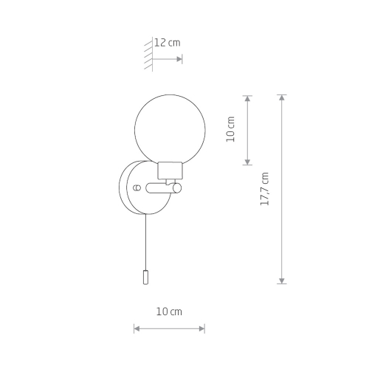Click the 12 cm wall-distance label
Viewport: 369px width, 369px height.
click(x=168, y=43)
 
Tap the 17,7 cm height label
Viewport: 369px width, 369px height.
click(x=265, y=189)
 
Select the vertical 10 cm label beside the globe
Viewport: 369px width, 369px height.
click(x=230, y=129)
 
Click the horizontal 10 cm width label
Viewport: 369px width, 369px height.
click(x=169, y=312)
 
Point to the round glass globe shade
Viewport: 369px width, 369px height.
click(x=170, y=130)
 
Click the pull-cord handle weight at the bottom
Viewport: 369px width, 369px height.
click(x=145, y=277)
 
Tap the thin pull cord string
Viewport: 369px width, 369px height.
click(x=146, y=242)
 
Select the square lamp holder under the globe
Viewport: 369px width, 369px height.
click(x=170, y=170)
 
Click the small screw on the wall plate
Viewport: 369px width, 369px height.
click(x=137, y=187)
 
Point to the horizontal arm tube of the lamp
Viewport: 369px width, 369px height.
click(x=160, y=188)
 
